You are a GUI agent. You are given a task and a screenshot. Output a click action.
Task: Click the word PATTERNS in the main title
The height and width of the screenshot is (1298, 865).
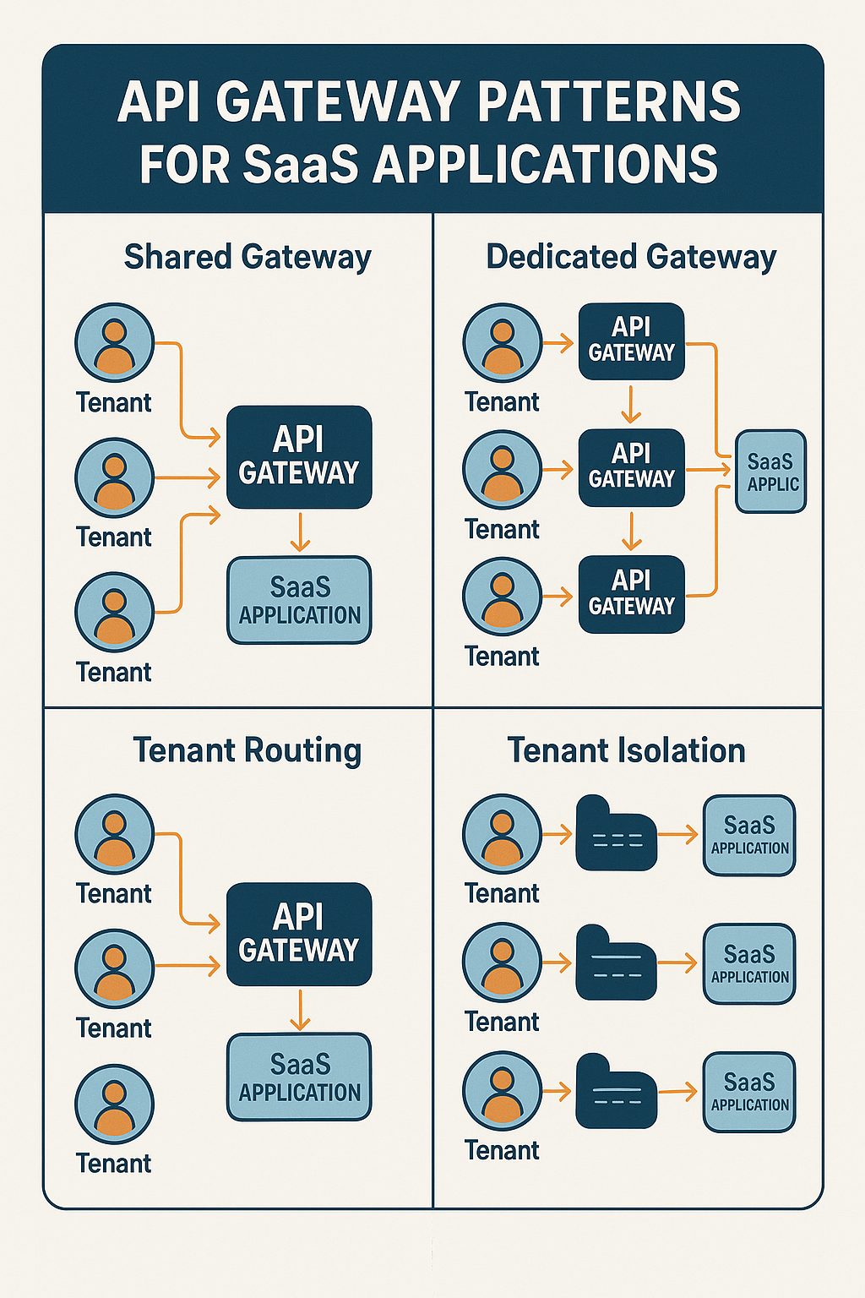coord(608,102)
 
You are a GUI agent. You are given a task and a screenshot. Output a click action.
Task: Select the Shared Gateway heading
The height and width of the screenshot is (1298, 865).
coord(248,257)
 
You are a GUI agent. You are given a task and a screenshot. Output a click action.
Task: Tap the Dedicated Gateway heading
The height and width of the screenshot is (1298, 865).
coord(631,257)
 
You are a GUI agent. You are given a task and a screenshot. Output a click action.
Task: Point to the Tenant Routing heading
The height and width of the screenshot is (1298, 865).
coord(248,750)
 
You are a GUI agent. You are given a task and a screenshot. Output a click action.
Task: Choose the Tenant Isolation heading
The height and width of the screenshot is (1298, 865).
coord(626,750)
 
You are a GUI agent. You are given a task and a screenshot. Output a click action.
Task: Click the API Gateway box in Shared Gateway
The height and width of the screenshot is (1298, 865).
coord(299,457)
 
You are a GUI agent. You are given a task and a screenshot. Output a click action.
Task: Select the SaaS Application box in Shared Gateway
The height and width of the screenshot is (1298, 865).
coord(299,600)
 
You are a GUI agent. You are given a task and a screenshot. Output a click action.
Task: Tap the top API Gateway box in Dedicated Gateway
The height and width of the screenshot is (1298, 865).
coord(631,341)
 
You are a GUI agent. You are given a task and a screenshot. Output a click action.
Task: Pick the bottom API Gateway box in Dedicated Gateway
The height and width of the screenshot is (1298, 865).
coord(631,594)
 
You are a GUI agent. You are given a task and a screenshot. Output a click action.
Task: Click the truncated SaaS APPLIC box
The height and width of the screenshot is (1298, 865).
coord(770,472)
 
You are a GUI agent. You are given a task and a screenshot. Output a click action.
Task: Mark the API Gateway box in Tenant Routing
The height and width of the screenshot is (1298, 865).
coord(299,935)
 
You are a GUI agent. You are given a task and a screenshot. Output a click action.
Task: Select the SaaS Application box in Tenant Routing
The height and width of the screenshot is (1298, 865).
coord(299,1077)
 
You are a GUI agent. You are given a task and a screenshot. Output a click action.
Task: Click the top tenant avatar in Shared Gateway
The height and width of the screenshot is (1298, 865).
coord(114,343)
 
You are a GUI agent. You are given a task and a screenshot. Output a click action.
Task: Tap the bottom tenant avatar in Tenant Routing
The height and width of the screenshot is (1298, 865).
coord(114,1104)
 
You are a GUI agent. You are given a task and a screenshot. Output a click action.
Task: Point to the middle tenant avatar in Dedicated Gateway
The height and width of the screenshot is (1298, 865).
coord(502,470)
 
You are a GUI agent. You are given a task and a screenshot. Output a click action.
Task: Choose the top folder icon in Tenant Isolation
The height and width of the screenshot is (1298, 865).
coord(616,834)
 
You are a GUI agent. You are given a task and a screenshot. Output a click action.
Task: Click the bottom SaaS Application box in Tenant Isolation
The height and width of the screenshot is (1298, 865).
coord(749,1092)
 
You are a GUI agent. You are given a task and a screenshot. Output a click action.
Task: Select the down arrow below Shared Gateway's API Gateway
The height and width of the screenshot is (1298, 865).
coord(300,532)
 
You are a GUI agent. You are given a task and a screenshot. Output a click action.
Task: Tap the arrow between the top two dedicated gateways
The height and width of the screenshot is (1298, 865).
coord(631,404)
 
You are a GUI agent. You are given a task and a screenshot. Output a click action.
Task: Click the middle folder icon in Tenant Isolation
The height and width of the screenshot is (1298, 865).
coord(616,963)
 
